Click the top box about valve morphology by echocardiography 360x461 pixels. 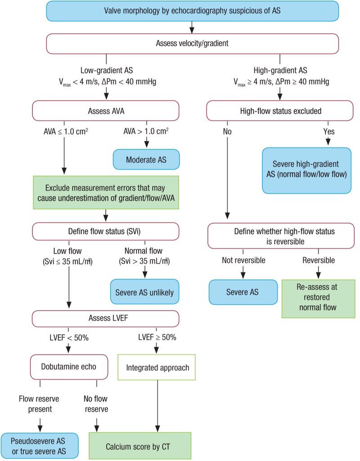[192, 10]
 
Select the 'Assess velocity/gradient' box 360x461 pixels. [192, 43]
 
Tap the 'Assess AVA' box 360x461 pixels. [105, 111]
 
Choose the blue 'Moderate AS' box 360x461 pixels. [146, 159]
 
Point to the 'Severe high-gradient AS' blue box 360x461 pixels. [306, 170]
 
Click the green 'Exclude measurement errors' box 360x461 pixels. [106, 192]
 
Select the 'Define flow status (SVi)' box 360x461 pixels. [105, 231]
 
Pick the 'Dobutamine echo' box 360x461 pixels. [69, 366]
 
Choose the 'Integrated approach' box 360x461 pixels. [157, 367]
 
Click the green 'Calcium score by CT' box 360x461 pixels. [140, 446]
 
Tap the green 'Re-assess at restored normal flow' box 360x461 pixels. [319, 298]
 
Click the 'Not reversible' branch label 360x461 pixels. [243, 261]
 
